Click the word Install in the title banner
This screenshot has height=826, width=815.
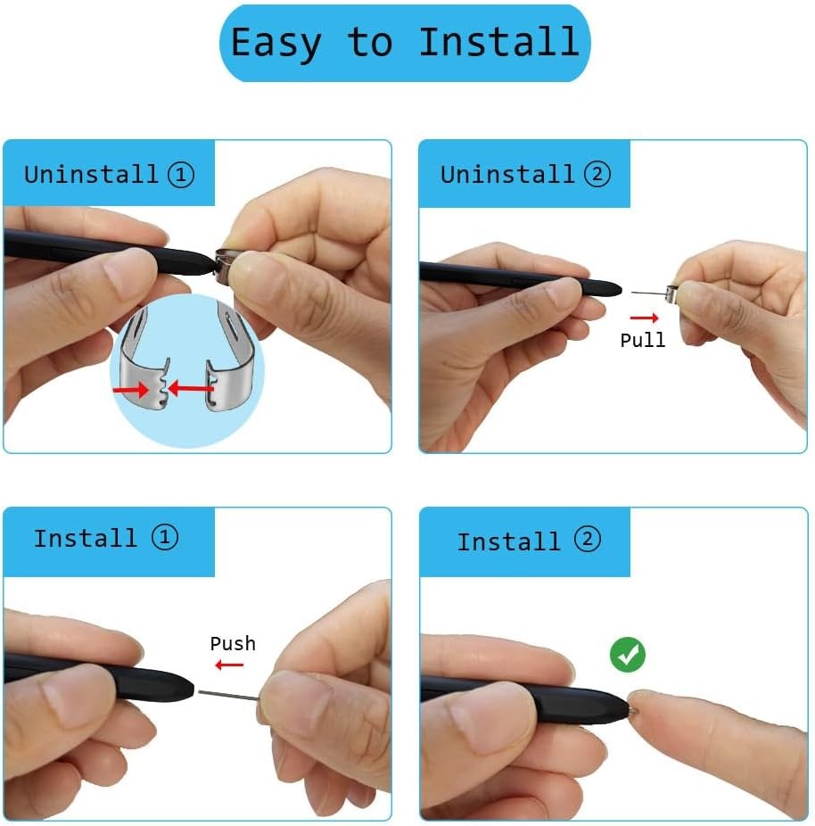[x=498, y=43]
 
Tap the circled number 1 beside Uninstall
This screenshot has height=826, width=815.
[x=181, y=174]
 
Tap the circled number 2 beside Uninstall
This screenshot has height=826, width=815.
[x=597, y=174]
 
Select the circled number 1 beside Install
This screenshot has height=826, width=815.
[x=164, y=537]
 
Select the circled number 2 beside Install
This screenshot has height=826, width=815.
[x=587, y=540]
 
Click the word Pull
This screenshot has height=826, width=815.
[x=642, y=340]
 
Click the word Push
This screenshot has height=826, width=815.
[x=232, y=643]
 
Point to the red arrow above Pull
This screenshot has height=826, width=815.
[x=643, y=318]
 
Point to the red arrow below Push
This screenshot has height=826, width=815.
[x=229, y=665]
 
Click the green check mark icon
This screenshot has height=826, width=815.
[x=628, y=656]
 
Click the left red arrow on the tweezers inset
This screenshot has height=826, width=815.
[x=132, y=389]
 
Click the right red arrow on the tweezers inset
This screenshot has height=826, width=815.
[x=191, y=388]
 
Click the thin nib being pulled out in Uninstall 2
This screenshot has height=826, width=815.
[x=649, y=292]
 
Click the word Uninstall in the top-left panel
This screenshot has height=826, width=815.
[x=91, y=174]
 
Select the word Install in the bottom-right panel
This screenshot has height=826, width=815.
[x=508, y=541]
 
